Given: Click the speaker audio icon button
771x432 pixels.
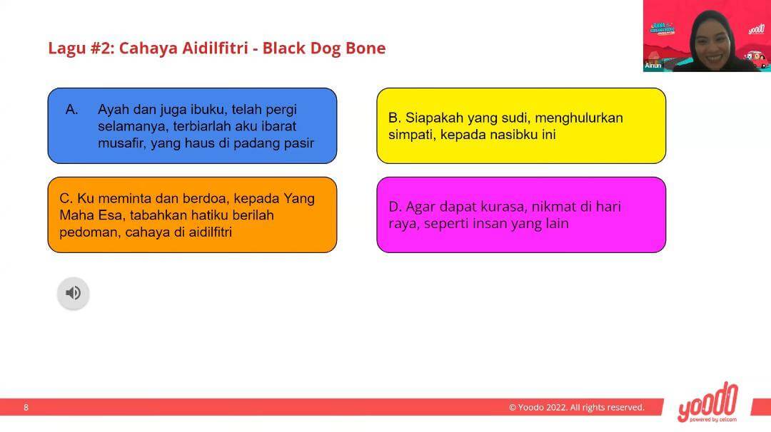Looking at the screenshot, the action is point(74,293).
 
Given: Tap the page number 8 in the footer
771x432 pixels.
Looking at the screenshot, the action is point(26,408).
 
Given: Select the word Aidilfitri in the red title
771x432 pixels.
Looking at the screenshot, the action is point(215,48).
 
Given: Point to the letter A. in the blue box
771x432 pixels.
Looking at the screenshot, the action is point(72,110).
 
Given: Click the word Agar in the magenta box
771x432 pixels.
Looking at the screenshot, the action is point(420,207).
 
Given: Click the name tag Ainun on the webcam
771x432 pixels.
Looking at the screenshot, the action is point(653,66).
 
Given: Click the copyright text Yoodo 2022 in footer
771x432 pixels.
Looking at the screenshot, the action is point(576,408).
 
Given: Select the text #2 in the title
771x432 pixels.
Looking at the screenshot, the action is point(102,48).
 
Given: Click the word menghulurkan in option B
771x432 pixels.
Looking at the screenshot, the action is point(579,118).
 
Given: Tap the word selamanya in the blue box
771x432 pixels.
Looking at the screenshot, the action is point(133,126).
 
